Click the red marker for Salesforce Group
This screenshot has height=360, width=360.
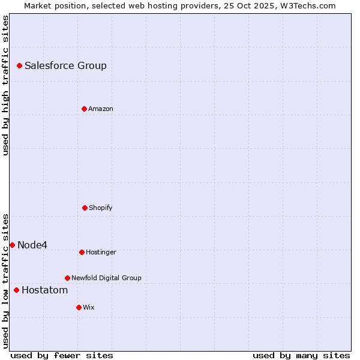tap(19, 65)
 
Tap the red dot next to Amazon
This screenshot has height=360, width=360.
tap(84, 109)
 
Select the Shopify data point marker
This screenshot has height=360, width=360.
tap(85, 208)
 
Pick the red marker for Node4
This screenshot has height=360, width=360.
tap(12, 245)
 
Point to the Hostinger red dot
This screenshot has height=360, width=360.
tap(82, 252)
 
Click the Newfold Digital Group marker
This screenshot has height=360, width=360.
tap(67, 278)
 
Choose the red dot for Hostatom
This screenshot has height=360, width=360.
tap(16, 290)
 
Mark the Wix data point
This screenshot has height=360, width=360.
tap(79, 307)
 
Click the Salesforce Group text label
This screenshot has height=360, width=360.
tap(65, 66)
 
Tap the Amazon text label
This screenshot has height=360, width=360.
tap(101, 109)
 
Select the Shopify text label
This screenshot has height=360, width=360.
tap(101, 208)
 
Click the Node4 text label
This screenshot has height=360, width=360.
tap(32, 245)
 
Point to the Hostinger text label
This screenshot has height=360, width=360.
tap(101, 253)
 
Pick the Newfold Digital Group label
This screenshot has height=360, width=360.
tap(106, 278)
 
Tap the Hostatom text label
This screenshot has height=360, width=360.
tap(44, 290)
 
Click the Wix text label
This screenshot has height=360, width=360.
tap(89, 308)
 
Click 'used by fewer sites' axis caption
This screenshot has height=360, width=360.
tap(62, 355)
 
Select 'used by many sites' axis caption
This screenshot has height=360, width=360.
tap(301, 355)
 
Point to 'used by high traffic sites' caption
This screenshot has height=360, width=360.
tap(5, 85)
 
